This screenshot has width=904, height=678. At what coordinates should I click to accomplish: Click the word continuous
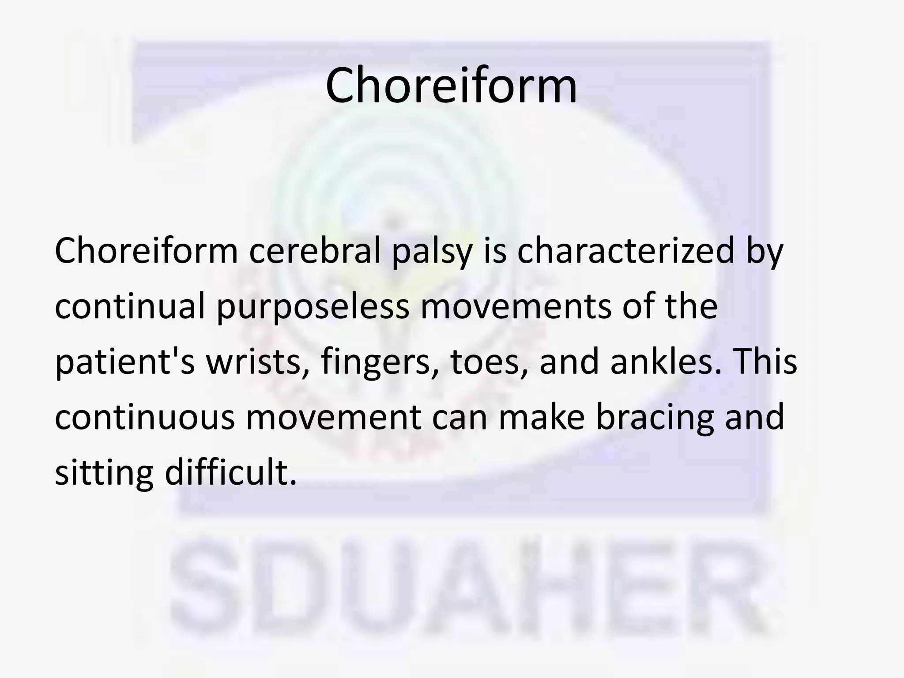144,417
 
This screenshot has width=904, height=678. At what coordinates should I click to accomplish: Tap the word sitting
104,473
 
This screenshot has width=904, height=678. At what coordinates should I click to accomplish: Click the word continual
130,307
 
